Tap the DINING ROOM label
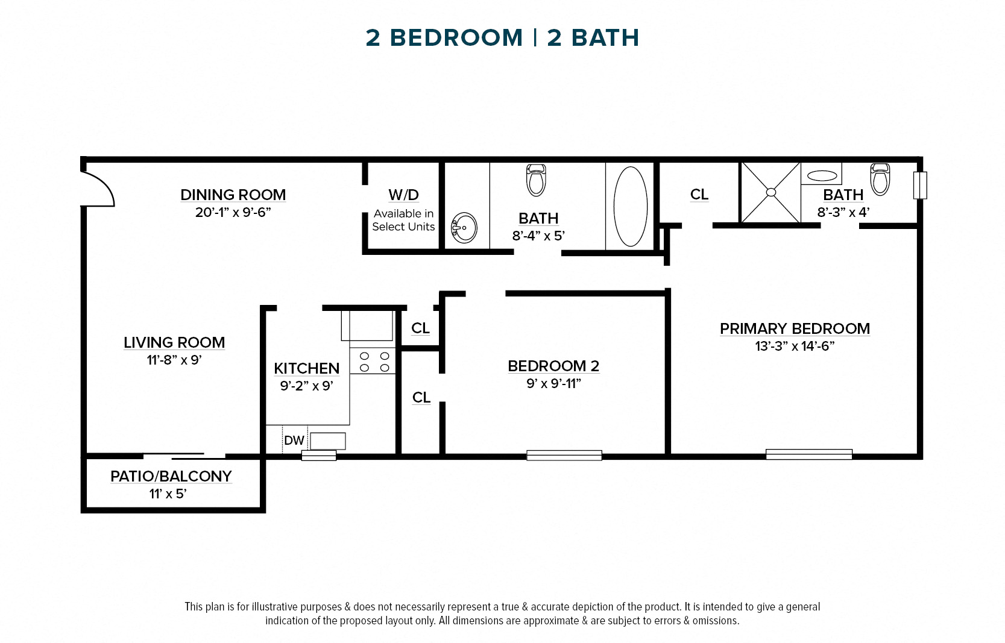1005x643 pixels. tap(233, 195)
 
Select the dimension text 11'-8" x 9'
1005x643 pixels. tap(174, 360)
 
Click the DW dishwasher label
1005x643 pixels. tap(294, 441)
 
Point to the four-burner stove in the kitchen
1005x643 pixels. tap(374, 362)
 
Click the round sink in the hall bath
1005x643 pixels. tap(465, 228)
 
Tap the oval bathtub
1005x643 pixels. tap(630, 206)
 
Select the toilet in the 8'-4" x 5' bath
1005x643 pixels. tap(536, 180)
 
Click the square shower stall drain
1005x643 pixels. tap(770, 192)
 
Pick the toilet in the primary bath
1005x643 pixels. tap(880, 179)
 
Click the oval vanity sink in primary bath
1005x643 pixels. tap(822, 176)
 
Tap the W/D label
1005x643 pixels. tap(403, 195)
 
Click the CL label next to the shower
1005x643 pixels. tap(699, 194)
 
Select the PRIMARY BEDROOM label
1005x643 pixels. tap(794, 328)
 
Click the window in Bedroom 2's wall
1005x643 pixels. tap(564, 456)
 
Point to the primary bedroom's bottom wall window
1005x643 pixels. tap(808, 454)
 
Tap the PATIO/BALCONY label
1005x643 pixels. tap(171, 476)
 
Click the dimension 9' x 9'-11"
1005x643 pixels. tap(553, 383)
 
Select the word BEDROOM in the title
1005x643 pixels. tap(456, 38)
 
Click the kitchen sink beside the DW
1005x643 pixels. tap(328, 441)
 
